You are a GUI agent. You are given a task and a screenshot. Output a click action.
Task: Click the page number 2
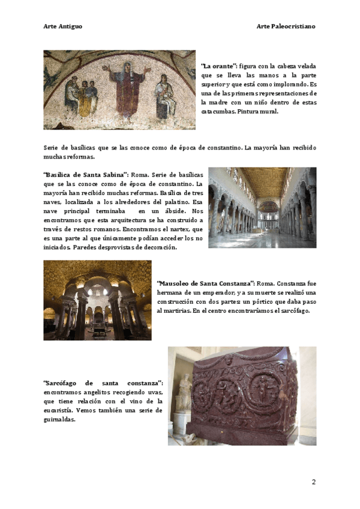click(313, 482)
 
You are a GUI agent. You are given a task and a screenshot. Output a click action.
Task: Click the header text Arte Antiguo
click(63, 26)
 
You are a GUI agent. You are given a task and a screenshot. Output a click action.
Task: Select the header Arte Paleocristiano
click(286, 26)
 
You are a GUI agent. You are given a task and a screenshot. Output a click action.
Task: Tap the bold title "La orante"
click(219, 66)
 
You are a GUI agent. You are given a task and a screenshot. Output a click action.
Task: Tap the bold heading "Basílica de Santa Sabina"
click(86, 173)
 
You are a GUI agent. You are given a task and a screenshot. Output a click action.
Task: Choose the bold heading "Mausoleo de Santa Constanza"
click(206, 283)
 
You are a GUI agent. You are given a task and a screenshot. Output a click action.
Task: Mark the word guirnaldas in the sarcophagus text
click(59, 420)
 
